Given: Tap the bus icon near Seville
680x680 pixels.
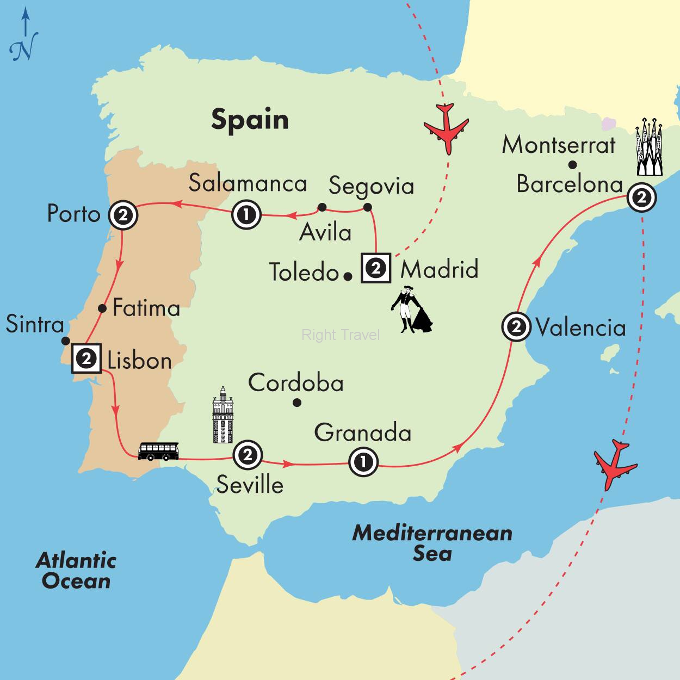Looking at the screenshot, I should tap(158, 451).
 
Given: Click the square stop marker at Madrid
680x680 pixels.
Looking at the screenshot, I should tap(376, 268).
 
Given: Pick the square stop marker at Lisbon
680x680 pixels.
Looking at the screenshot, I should tap(86, 358).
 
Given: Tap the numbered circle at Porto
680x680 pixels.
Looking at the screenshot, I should tap(123, 215).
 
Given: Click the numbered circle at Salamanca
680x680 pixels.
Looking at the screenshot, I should tap(246, 214).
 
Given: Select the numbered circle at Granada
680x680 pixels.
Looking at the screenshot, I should tap(363, 462).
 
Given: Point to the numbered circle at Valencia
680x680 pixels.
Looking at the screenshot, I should tap(516, 327).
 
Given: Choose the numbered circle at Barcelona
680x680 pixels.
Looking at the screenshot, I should tap(641, 197).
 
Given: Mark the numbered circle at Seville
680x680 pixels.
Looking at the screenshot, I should tap(248, 454).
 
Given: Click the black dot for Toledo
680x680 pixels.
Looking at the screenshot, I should tap(348, 276).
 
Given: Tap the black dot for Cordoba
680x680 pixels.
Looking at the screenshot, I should tap(297, 403).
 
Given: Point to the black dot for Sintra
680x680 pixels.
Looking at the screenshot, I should tap(65, 341).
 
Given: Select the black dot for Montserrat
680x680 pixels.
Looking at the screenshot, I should tap(572, 164).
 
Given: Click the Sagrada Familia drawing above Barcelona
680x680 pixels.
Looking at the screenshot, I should tap(650, 147).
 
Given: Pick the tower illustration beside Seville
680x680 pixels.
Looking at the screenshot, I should tap(223, 415).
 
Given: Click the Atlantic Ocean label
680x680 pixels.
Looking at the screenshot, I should tap(76, 571).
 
